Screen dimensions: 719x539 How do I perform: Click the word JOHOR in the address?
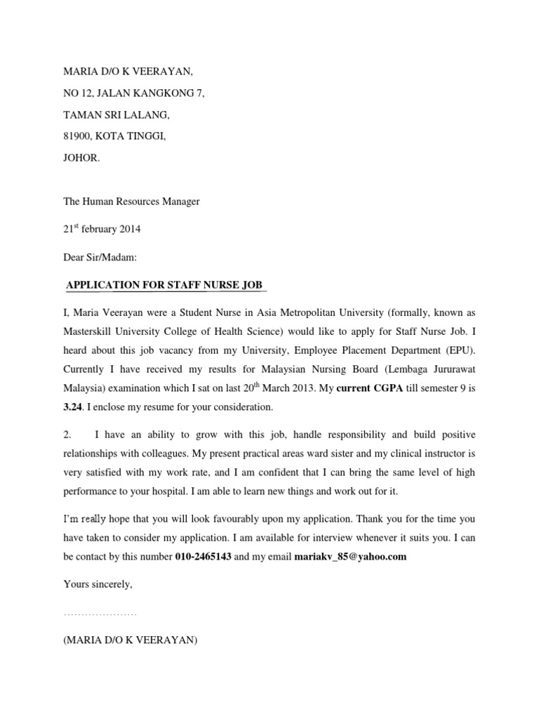tap(81, 159)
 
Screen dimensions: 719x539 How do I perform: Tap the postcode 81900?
tap(77, 136)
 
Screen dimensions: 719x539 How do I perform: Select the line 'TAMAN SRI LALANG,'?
tap(117, 114)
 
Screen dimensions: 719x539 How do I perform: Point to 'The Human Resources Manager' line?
tap(132, 202)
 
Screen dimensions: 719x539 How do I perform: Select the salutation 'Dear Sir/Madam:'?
tap(100, 258)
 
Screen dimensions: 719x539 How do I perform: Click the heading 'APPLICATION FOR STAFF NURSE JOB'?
tap(164, 284)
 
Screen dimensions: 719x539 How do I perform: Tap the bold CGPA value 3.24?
tap(73, 407)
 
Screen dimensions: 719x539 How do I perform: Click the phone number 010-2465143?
tap(203, 558)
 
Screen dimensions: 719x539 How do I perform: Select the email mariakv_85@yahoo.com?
tap(351, 558)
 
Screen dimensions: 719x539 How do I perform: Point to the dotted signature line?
tap(100, 614)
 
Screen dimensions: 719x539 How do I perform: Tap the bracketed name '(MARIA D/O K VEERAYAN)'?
tap(131, 640)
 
